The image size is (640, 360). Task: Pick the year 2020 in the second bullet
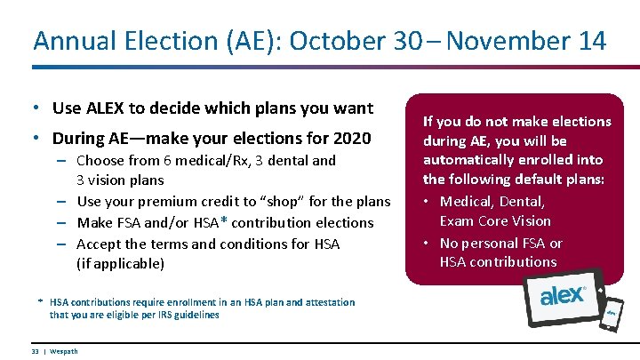point(351,139)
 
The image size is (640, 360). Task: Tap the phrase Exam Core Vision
point(495,220)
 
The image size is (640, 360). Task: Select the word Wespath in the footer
point(63,351)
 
